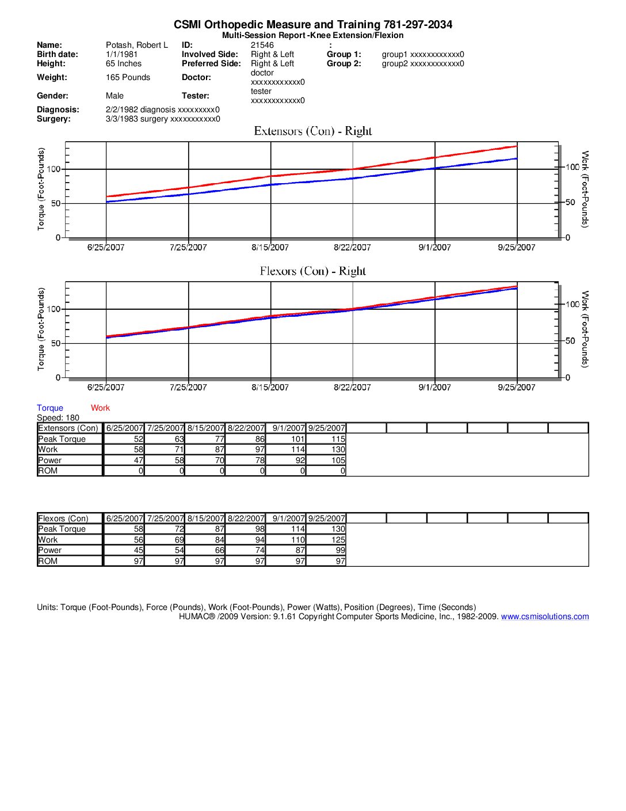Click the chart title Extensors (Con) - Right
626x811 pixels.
[313, 131]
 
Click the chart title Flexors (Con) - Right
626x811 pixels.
[313, 271]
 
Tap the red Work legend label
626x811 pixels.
[100, 408]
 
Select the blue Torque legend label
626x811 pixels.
[50, 408]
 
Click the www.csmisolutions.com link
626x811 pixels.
[545, 616]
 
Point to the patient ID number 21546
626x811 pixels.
[262, 45]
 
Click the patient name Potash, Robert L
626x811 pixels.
[137, 45]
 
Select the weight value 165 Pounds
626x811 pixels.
[128, 77]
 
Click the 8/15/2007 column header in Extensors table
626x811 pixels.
[205, 428]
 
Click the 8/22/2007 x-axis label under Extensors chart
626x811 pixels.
[352, 248]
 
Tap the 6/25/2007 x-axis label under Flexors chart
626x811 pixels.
[106, 388]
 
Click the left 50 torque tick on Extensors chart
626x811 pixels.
[56, 203]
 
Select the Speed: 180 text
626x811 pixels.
[58, 418]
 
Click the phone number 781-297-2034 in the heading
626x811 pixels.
[418, 25]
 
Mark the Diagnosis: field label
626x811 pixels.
[58, 109]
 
